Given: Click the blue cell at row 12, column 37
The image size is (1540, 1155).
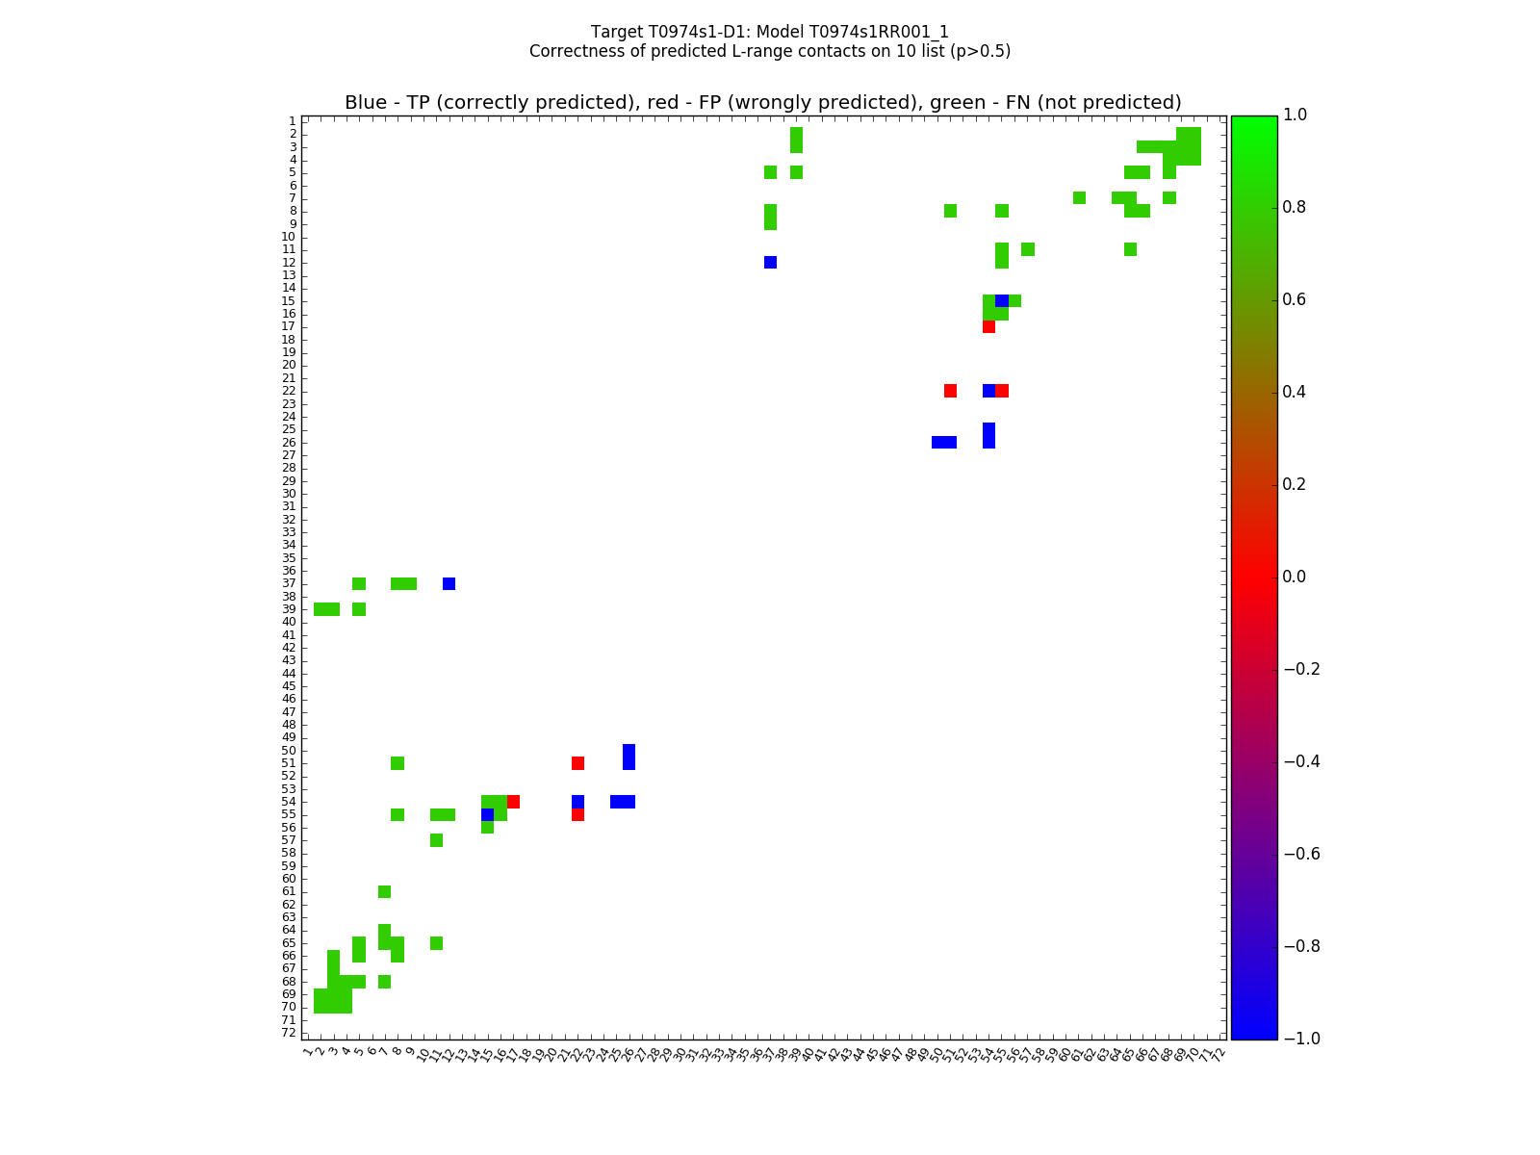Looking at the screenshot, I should pyautogui.click(x=770, y=262).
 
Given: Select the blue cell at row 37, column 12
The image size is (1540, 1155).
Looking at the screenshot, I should pyautogui.click(x=449, y=583).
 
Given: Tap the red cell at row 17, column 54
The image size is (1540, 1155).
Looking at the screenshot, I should pyautogui.click(x=988, y=326).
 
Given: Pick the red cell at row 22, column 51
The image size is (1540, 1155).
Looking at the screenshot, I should pyautogui.click(x=950, y=391).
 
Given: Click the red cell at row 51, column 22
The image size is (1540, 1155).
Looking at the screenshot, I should pyautogui.click(x=577, y=763).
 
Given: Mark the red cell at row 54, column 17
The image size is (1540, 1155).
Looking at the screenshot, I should pyautogui.click(x=513, y=802).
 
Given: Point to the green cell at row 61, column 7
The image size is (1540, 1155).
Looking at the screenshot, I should pyautogui.click(x=384, y=891).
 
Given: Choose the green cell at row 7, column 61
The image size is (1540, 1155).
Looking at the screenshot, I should pyautogui.click(x=1079, y=198).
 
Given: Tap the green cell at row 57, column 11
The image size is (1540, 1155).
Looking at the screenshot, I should pyautogui.click(x=436, y=840).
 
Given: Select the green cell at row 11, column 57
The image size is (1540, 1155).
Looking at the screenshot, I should pyautogui.click(x=1028, y=249).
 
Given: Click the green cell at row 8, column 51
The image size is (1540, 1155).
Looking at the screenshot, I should pyautogui.click(x=950, y=211).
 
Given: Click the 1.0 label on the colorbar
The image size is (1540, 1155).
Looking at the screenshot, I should pyautogui.click(x=1302, y=115).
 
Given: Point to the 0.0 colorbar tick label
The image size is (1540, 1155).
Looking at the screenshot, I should pyautogui.click(x=1302, y=577).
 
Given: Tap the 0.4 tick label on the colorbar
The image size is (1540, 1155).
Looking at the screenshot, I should pyautogui.click(x=1302, y=392).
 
